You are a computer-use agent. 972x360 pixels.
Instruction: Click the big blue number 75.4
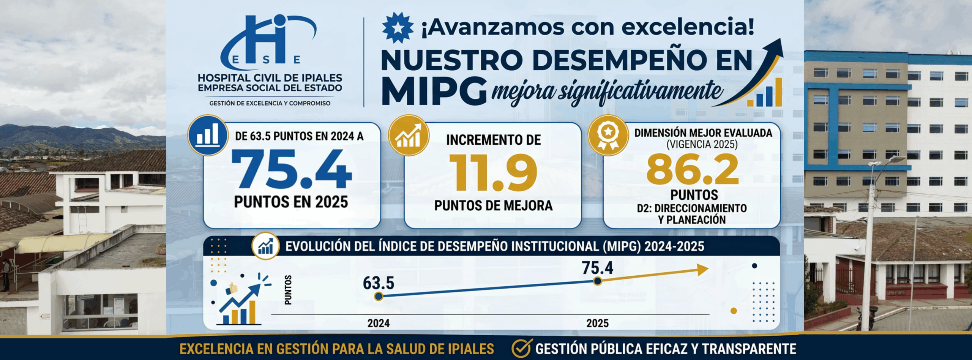click(x=292, y=169)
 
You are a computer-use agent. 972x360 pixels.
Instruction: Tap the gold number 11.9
click(x=493, y=173)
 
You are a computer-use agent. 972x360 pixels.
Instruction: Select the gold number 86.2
click(x=693, y=169)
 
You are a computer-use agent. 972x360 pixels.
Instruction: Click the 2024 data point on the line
click(x=378, y=296)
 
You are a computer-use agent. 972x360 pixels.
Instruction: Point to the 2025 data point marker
click(x=597, y=281)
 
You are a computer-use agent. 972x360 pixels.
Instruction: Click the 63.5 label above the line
click(x=379, y=283)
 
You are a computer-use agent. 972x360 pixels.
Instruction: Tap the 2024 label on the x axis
click(x=379, y=323)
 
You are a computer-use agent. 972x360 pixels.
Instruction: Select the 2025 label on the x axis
click(x=597, y=323)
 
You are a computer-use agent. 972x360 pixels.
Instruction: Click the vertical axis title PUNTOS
click(x=288, y=290)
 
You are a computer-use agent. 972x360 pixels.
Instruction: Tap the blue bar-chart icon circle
click(x=208, y=135)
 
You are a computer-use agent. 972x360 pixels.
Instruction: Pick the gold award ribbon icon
click(x=608, y=135)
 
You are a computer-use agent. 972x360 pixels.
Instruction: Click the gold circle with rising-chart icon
click(x=409, y=135)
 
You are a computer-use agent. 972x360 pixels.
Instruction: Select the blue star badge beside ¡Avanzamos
click(x=398, y=27)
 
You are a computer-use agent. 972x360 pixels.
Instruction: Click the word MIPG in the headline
click(x=434, y=91)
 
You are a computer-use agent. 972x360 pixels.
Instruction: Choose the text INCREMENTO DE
click(x=493, y=140)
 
